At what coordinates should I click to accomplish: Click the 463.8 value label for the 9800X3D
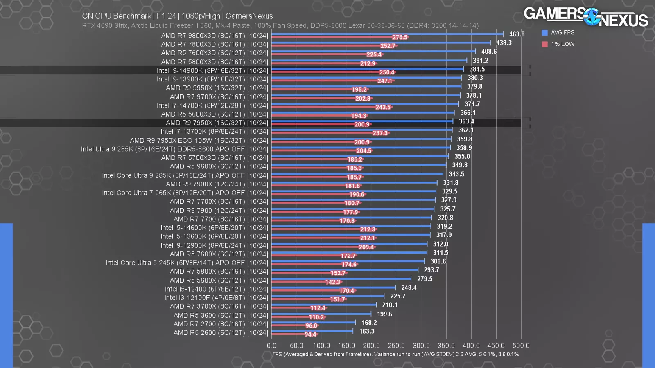(x=516, y=34)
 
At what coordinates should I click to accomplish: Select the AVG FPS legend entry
(x=558, y=33)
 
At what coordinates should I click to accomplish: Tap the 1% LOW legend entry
(x=558, y=44)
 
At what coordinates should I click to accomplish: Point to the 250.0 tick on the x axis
(x=396, y=346)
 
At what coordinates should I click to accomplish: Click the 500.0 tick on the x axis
(x=521, y=346)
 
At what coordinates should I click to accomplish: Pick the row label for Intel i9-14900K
(x=212, y=71)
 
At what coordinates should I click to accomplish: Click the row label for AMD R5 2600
(x=221, y=333)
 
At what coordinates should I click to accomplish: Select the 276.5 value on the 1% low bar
(x=400, y=37)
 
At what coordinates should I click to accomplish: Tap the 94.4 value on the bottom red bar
(x=310, y=334)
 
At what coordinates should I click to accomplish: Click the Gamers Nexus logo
(x=585, y=16)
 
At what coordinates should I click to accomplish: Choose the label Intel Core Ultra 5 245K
(x=187, y=263)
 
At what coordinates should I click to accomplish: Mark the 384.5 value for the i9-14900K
(x=477, y=70)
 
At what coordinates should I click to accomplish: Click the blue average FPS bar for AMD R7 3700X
(x=323, y=305)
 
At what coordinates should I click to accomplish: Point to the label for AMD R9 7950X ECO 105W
(x=199, y=141)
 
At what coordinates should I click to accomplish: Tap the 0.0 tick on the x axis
(x=271, y=346)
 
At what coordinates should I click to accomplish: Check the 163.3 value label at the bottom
(x=367, y=332)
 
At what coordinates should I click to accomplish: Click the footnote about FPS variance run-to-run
(x=395, y=355)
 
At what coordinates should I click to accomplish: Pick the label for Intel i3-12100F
(x=216, y=298)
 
